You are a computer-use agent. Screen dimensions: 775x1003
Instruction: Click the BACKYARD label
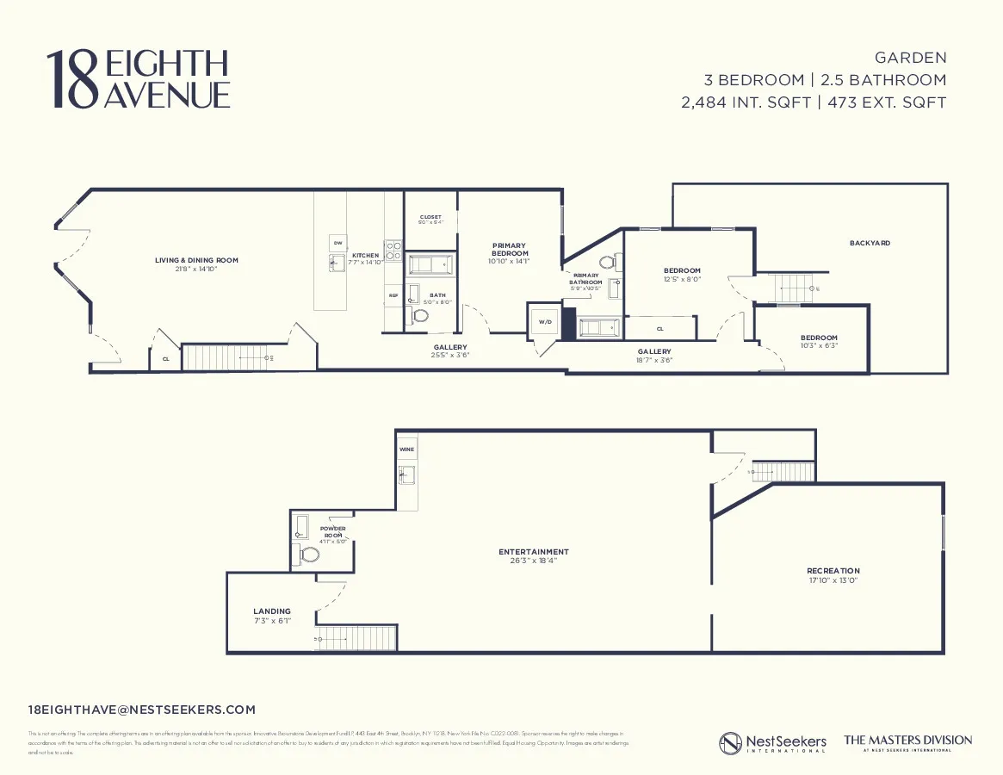point(870,244)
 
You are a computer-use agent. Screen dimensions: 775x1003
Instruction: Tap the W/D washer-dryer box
point(544,322)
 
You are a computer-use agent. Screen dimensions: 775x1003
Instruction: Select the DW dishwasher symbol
point(337,243)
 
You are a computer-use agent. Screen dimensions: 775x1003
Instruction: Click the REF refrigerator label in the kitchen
point(393,295)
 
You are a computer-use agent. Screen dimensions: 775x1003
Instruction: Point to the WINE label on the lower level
point(406,449)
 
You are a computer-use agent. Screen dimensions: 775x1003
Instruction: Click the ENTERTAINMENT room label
point(534,552)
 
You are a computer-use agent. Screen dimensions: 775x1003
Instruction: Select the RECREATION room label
point(833,571)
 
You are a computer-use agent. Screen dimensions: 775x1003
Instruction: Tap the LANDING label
point(272,611)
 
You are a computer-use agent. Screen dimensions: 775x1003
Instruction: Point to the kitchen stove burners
point(393,251)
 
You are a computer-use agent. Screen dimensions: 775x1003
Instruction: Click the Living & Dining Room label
point(196,260)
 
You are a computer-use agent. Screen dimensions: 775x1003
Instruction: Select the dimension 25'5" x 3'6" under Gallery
point(450,356)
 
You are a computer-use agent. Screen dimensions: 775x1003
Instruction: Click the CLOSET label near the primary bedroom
point(430,217)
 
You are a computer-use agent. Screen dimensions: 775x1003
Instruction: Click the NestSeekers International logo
point(772,742)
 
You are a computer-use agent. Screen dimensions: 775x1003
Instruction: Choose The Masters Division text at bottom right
point(907,741)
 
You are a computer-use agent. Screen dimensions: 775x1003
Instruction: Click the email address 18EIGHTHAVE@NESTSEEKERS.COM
point(142,710)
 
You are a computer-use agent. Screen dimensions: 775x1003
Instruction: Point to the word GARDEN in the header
point(910,58)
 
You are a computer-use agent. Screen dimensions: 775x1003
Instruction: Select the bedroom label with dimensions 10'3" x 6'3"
point(819,338)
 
